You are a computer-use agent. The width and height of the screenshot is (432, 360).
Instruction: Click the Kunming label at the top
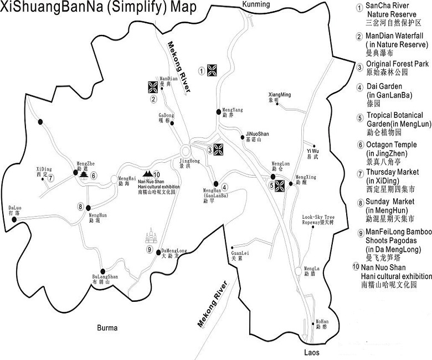click(x=256, y=4)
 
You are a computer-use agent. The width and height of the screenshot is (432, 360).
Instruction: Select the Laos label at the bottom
click(x=312, y=352)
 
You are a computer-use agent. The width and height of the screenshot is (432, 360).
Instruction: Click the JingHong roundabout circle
click(x=185, y=151)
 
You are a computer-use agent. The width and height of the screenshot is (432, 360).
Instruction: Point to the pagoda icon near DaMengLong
click(x=151, y=237)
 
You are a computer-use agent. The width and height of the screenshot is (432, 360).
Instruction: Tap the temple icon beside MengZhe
click(x=84, y=174)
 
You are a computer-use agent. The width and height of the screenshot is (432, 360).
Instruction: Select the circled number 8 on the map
click(x=81, y=207)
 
